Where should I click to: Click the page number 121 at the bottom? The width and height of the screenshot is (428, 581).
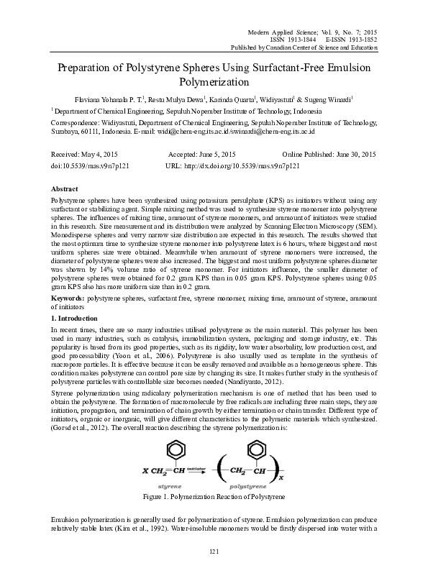pos(214,571)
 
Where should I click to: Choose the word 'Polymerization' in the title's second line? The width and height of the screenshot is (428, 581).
pos(214,82)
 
